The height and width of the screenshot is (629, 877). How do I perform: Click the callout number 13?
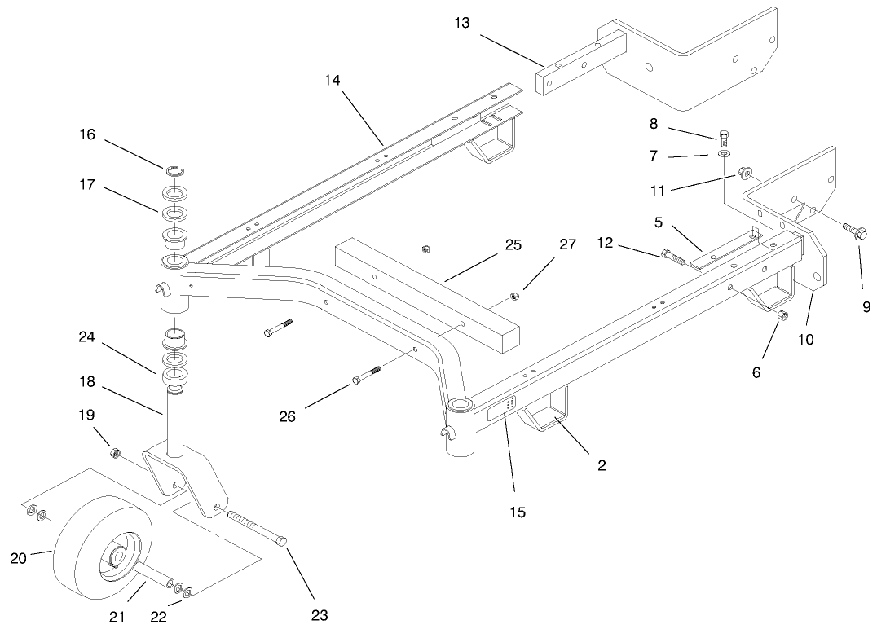tap(462, 23)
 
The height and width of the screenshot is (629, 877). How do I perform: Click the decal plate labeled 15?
tap(506, 410)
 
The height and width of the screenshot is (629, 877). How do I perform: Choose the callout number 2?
tap(602, 465)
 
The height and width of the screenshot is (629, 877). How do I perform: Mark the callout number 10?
tap(805, 340)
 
